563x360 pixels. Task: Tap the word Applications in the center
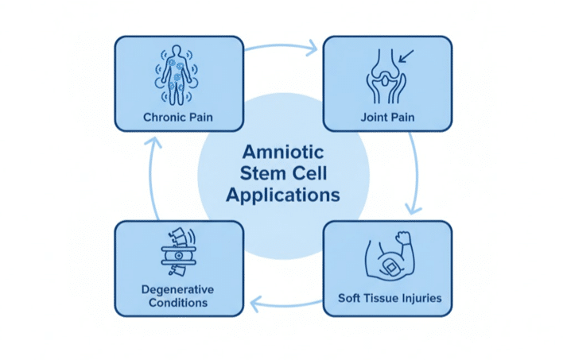tap(282, 193)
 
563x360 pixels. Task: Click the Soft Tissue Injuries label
tap(389, 300)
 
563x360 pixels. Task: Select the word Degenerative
tap(178, 288)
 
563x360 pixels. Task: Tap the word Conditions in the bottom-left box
tap(178, 303)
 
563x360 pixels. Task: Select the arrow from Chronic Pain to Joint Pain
tap(282, 48)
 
